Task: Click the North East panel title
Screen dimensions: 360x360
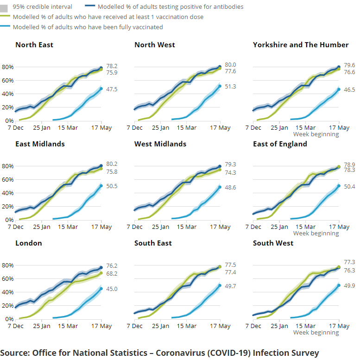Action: pos(34,45)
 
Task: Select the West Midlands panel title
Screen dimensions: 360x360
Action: pos(160,144)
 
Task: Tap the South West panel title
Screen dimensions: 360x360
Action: pos(273,243)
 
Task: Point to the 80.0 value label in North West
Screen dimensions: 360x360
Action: pos(230,65)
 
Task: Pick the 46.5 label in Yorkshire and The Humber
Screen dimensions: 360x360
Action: pos(349,89)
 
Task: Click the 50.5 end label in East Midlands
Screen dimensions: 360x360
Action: pos(112,186)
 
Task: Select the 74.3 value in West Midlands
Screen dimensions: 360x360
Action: pos(230,173)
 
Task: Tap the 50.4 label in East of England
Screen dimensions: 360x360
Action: pos(349,186)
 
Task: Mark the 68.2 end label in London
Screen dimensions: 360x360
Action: pos(112,274)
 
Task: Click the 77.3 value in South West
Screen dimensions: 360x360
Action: pos(349,262)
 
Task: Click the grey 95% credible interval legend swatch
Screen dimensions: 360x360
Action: pos(6,7)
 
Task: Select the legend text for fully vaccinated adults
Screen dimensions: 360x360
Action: pos(88,27)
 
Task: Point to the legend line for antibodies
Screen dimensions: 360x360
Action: pos(92,7)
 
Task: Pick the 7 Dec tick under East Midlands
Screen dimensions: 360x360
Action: pos(15,227)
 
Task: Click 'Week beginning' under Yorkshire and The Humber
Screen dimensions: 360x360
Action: pos(316,134)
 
